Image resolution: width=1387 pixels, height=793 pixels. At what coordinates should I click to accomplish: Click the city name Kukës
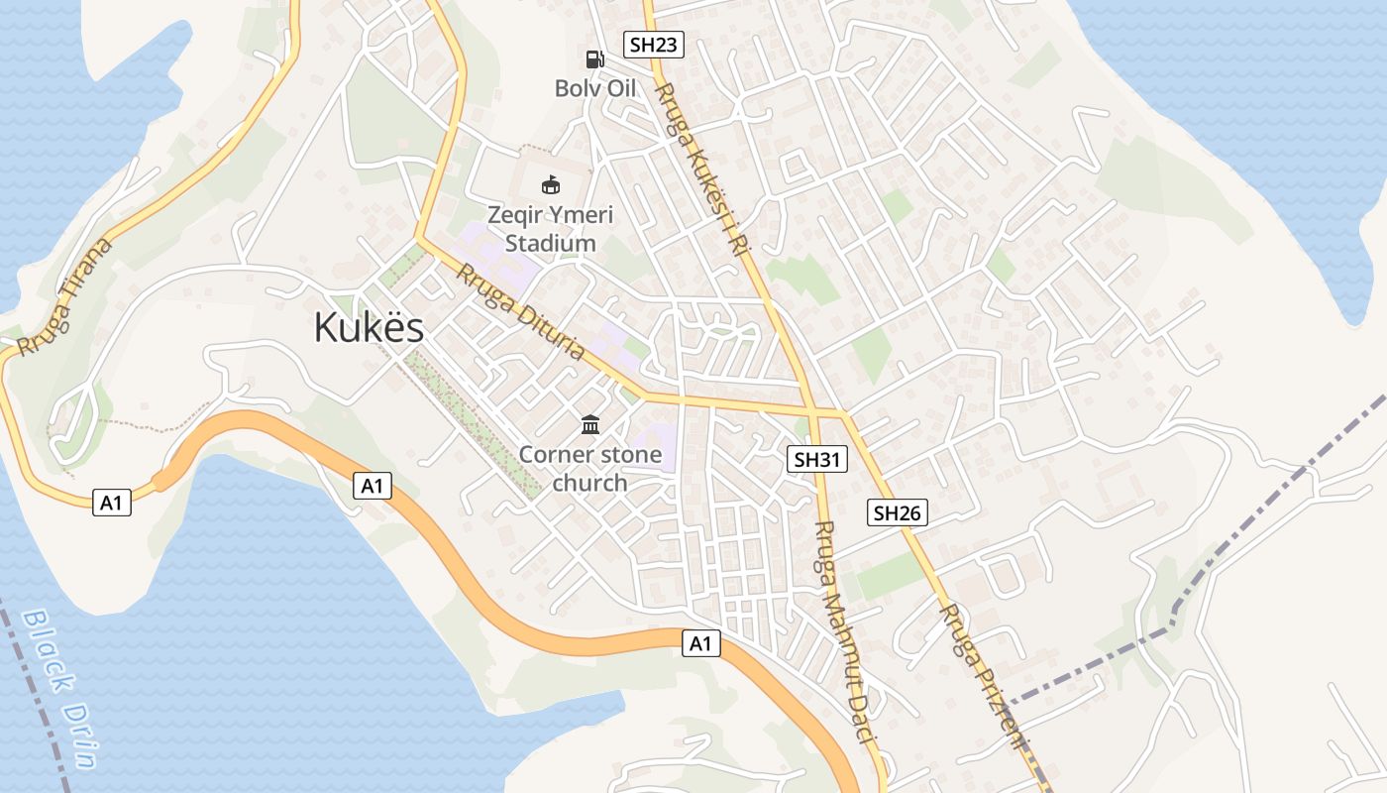369,328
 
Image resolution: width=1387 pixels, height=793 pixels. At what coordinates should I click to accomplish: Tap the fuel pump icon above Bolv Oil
594,59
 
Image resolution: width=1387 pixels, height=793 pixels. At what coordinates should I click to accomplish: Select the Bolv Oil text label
594,88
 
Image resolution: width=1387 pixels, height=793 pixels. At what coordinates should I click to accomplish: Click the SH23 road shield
654,44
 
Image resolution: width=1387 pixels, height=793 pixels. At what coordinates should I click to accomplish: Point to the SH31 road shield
817,459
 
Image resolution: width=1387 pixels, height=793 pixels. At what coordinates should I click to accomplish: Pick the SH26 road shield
898,512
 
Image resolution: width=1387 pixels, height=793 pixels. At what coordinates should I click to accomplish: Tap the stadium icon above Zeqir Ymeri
550,184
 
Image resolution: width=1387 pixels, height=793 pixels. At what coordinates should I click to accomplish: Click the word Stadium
551,243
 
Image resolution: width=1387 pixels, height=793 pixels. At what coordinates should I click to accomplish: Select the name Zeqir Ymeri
551,214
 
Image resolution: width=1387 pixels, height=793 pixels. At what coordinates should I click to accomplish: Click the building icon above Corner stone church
590,425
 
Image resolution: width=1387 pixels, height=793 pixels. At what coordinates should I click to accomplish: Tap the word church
589,483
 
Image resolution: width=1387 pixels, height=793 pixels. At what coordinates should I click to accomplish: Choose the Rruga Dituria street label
519,311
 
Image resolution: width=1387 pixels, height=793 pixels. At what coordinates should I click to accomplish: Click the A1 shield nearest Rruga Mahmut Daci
700,644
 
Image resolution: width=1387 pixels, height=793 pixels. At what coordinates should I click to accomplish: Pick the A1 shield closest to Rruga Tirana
111,504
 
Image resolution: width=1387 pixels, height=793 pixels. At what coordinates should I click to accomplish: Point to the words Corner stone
590,455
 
